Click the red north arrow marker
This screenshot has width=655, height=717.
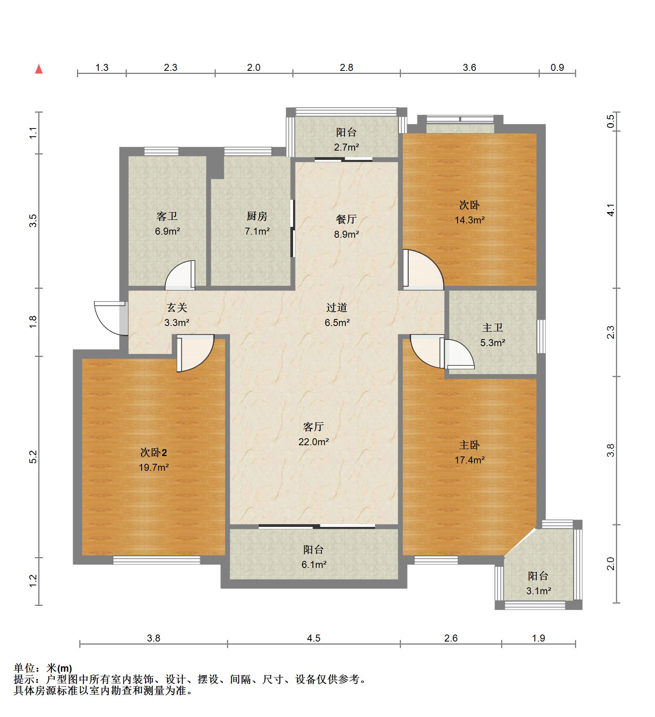click(39, 69)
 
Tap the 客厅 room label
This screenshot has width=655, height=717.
click(313, 427)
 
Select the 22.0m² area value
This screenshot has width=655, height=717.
click(314, 442)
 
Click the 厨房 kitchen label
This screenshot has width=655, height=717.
click(257, 216)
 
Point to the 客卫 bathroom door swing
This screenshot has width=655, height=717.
click(180, 275)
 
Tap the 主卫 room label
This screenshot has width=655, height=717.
click(493, 328)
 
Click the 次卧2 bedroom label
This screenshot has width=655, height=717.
click(154, 452)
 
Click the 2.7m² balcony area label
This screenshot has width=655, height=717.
click(346, 147)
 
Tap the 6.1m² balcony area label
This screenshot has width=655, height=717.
click(314, 564)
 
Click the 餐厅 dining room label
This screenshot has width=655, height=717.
click(346, 219)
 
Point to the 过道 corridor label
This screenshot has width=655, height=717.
click(337, 307)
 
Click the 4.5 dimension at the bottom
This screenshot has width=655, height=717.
click(314, 638)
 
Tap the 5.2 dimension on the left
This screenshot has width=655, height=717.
click(33, 457)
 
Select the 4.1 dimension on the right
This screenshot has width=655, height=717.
click(611, 210)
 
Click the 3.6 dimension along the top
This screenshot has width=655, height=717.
click(469, 67)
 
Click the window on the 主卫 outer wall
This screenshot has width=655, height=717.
click(541, 336)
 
